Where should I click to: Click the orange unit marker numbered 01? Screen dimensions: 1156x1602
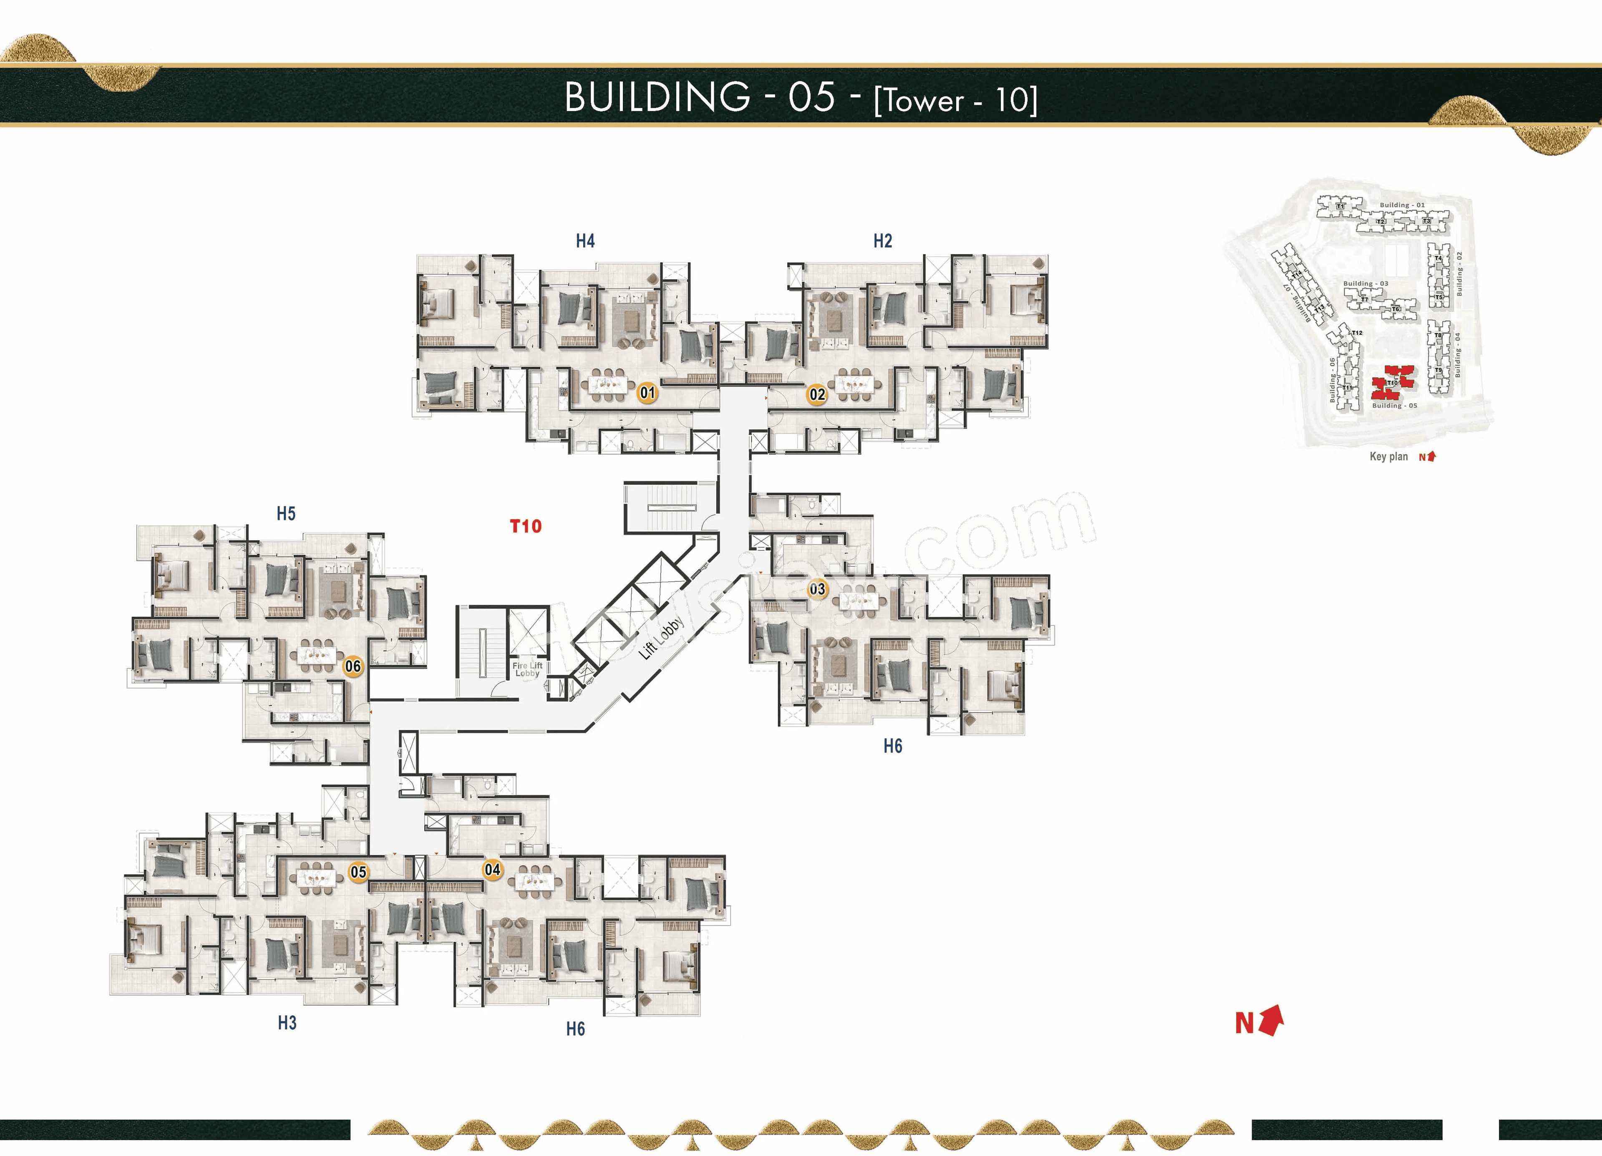pos(647,393)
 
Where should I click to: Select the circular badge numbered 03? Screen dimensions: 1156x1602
pos(817,588)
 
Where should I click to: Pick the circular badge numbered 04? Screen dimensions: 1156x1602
pos(492,870)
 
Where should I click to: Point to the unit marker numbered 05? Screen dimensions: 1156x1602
pos(358,872)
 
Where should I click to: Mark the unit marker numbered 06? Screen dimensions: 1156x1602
pos(353,666)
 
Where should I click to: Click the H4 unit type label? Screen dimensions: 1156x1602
pos(585,241)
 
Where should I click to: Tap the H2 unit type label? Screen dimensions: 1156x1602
pos(882,241)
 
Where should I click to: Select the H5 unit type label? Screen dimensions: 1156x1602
pos(286,514)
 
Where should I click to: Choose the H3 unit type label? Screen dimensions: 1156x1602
pos(287,1022)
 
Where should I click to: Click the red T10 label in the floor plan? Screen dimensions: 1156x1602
pos(526,526)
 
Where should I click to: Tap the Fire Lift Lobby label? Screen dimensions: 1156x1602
pos(527,669)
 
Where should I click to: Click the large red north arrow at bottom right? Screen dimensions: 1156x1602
pos(1270,1021)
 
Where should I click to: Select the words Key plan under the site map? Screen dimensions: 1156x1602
pos(1388,457)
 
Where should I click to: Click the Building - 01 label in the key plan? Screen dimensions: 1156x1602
pos(1402,205)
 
